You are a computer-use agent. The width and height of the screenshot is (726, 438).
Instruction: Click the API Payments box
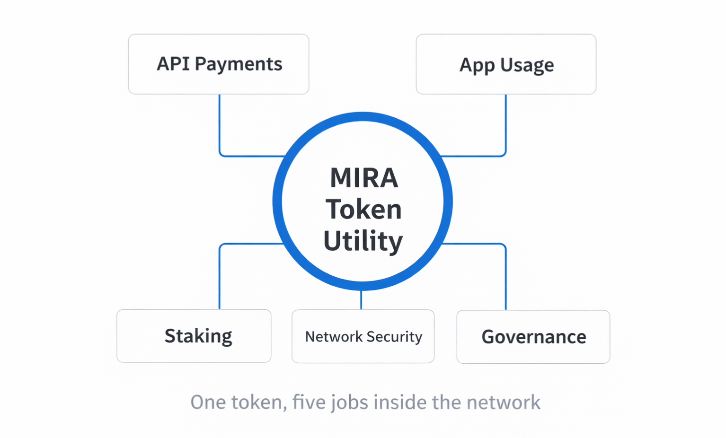pos(218,64)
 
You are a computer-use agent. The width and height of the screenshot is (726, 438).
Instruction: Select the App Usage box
pos(506,64)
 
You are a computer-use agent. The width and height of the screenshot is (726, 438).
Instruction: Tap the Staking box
pos(194,336)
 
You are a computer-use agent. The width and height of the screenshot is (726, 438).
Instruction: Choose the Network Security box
pos(363,336)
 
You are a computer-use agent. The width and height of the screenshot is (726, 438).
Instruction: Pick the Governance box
pos(533,337)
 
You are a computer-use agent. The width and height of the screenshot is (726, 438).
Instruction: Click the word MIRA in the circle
pos(363,178)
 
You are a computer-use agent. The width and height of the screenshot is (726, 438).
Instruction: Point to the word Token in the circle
pos(363,210)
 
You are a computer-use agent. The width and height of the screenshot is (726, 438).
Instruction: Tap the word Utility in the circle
pos(363,241)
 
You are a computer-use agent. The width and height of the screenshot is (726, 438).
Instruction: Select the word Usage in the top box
pos(527,65)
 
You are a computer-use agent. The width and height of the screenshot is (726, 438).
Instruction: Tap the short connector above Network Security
pos(361,300)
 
